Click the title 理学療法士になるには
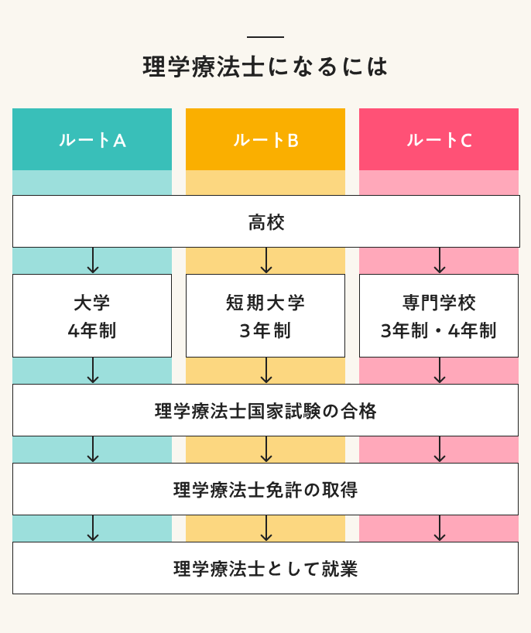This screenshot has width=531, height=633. (x=265, y=67)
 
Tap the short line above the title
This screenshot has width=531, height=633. (x=265, y=37)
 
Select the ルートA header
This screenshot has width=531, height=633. (x=92, y=140)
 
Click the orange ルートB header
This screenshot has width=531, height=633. (x=265, y=140)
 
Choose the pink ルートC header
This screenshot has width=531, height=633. (x=439, y=140)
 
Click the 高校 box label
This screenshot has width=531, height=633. (x=266, y=223)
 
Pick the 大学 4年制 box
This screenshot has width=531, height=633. (x=92, y=316)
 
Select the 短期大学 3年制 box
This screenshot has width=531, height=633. (x=265, y=316)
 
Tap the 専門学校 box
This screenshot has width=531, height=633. (x=439, y=303)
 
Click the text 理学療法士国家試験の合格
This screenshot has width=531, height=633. (x=265, y=411)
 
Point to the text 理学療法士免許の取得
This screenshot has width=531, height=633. (x=265, y=490)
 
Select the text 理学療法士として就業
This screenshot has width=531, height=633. (x=265, y=569)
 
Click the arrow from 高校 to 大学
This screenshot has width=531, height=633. (x=93, y=261)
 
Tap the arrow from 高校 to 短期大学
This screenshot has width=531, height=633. (x=266, y=261)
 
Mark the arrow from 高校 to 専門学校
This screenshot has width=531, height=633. (x=440, y=261)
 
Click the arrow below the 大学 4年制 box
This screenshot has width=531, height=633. (x=93, y=371)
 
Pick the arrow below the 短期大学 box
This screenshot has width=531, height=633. (x=266, y=371)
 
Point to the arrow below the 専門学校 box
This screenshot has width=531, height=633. (x=440, y=371)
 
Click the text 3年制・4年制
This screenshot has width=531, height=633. (x=439, y=331)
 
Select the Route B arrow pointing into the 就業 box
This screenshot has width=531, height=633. (x=266, y=529)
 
